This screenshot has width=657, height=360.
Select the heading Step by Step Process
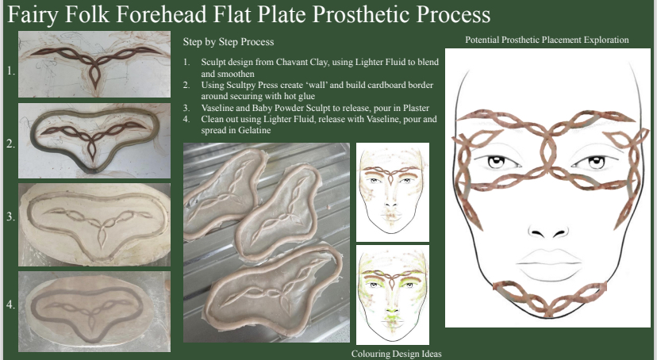[229, 42]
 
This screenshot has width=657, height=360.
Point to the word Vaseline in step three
[218, 108]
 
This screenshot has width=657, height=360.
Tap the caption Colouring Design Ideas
[397, 354]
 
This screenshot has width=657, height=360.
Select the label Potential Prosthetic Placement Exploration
[547, 40]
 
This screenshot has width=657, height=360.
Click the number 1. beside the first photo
[11, 71]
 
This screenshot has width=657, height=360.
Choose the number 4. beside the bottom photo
[11, 304]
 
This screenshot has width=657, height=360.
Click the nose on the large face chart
[548, 232]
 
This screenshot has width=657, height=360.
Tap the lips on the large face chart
[549, 265]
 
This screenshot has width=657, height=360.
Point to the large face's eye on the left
[497, 162]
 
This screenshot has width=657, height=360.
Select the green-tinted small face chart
[393, 295]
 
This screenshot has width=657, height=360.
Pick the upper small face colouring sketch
[393, 192]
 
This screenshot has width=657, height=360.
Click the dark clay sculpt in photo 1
[95, 58]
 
